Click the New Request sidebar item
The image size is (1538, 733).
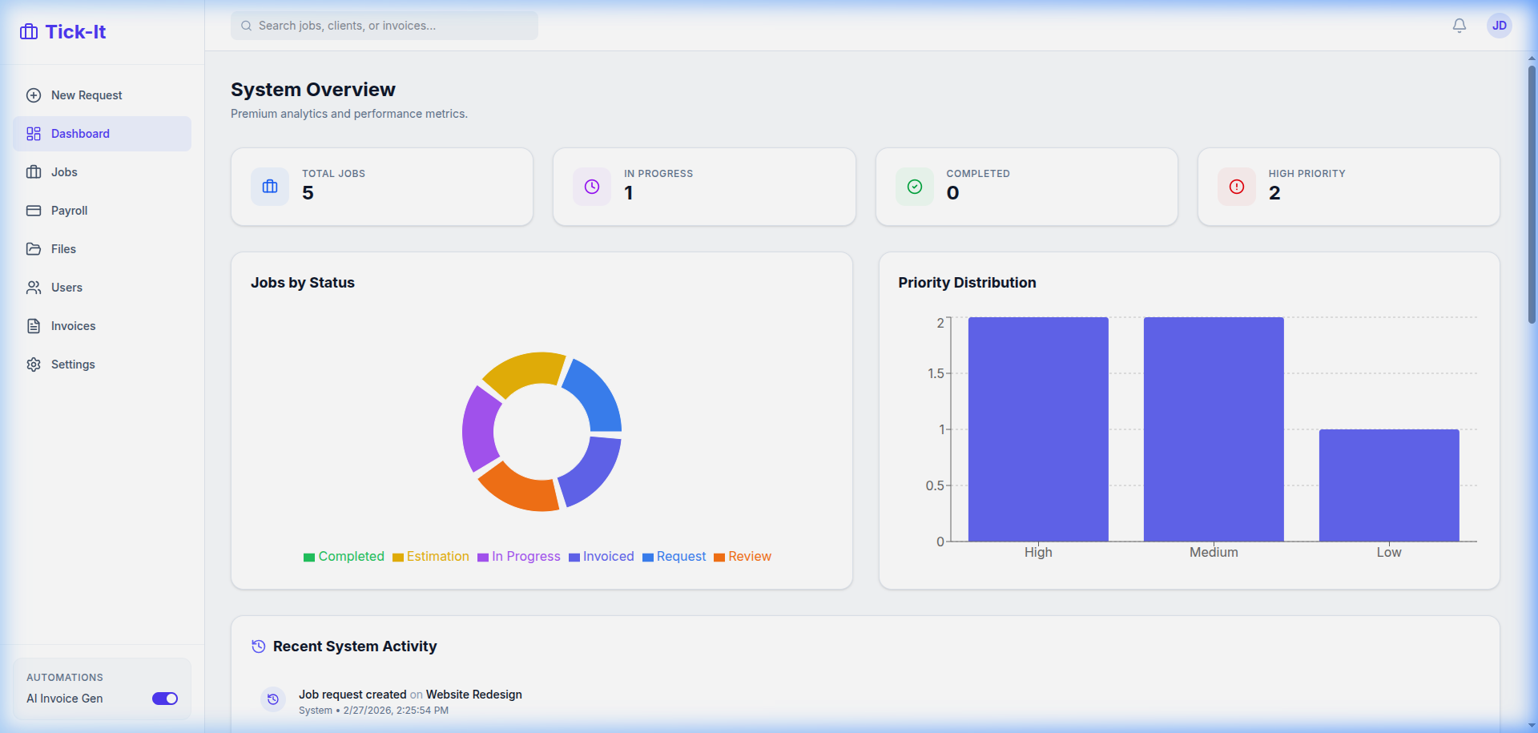pyautogui.click(x=87, y=95)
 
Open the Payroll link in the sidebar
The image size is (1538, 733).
pyautogui.click(x=69, y=211)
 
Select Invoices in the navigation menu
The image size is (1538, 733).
pyautogui.click(x=73, y=326)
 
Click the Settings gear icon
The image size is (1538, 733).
pyautogui.click(x=34, y=364)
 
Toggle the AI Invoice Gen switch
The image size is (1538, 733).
pyautogui.click(x=165, y=699)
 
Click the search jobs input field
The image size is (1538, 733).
pyautogui.click(x=384, y=26)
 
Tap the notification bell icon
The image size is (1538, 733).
pyautogui.click(x=1459, y=26)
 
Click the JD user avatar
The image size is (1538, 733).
pyautogui.click(x=1499, y=26)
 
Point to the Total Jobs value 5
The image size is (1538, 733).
pyautogui.click(x=308, y=193)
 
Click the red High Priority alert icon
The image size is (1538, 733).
pyautogui.click(x=1237, y=187)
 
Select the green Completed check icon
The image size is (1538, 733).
pyautogui.click(x=915, y=187)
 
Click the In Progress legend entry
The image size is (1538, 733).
pyautogui.click(x=519, y=557)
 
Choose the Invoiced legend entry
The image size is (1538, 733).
pyautogui.click(x=602, y=557)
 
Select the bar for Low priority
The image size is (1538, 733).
pyautogui.click(x=1389, y=485)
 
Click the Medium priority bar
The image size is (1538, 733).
pyautogui.click(x=1214, y=429)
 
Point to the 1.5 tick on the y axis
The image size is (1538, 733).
pyautogui.click(x=935, y=373)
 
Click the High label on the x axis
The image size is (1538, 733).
pyautogui.click(x=1038, y=552)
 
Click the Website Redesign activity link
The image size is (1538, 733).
pyautogui.click(x=473, y=695)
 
